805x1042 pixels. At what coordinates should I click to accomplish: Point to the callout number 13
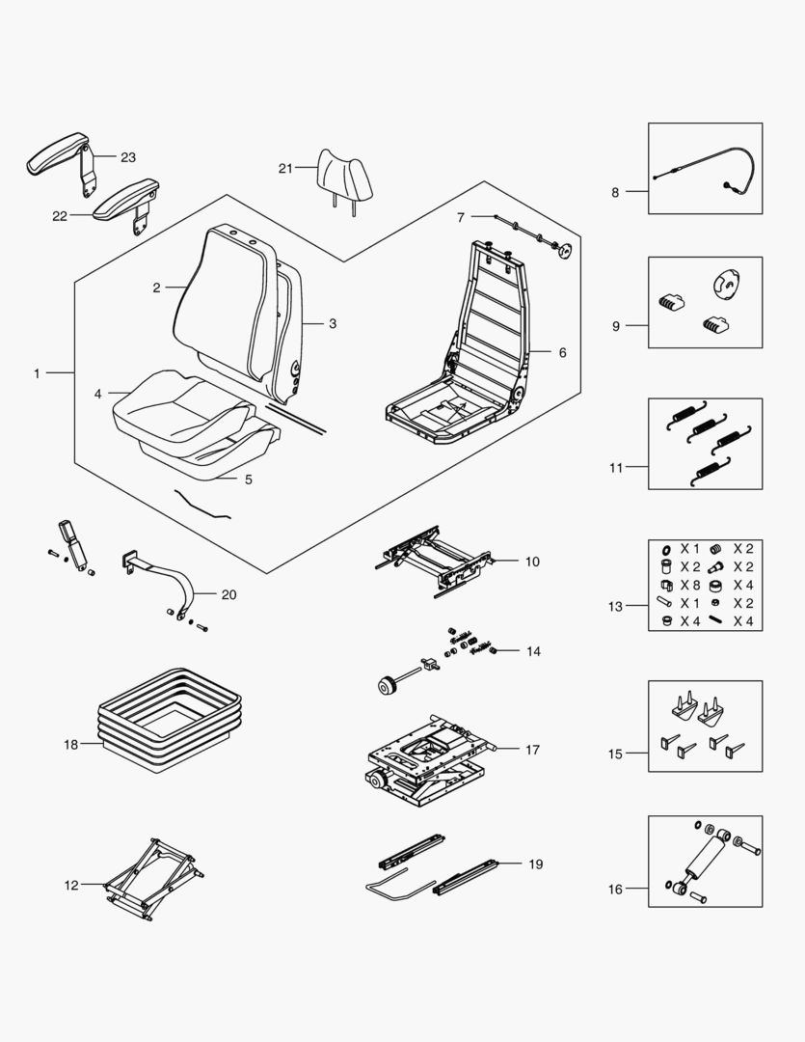coord(615,606)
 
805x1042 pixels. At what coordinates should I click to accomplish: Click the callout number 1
coord(37,372)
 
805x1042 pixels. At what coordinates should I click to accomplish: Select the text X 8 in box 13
coord(690,585)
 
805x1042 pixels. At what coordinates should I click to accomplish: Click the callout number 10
coord(532,561)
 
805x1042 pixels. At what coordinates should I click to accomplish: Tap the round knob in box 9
coord(724,284)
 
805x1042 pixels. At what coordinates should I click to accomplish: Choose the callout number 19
coord(535,864)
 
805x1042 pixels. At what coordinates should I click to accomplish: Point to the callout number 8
coord(615,192)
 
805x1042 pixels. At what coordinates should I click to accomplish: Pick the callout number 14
coord(532,651)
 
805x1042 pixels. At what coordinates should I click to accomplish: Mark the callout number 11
coord(615,468)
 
